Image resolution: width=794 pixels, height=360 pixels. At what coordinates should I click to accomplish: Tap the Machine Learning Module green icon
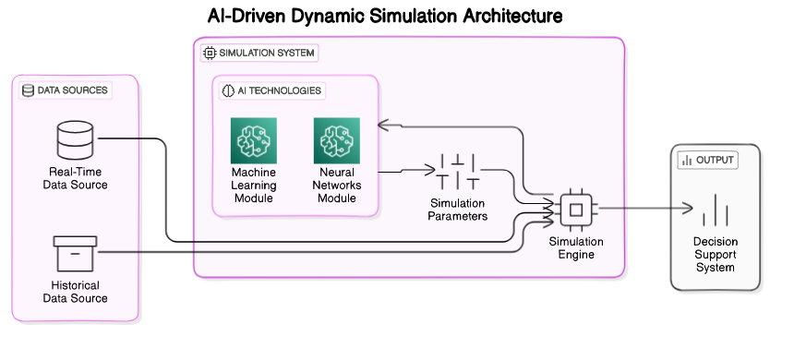click(254, 140)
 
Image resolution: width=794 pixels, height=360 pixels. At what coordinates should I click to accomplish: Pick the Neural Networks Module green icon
click(337, 140)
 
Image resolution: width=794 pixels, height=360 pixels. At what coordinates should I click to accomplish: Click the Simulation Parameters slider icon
click(458, 171)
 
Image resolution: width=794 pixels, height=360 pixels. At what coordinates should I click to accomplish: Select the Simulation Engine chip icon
click(575, 209)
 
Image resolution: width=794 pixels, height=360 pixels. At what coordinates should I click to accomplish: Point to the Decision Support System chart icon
click(716, 210)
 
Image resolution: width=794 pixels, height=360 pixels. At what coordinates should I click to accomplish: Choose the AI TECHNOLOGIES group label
click(272, 90)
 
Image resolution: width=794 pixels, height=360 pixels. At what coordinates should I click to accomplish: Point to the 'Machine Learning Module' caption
click(254, 185)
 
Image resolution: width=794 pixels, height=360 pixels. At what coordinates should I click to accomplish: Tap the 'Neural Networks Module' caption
click(337, 185)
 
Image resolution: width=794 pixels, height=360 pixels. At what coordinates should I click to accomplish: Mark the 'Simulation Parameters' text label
click(458, 210)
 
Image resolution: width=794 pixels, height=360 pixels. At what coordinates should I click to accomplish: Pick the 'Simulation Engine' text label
click(575, 247)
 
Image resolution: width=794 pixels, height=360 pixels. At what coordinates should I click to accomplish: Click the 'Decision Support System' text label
click(716, 254)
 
